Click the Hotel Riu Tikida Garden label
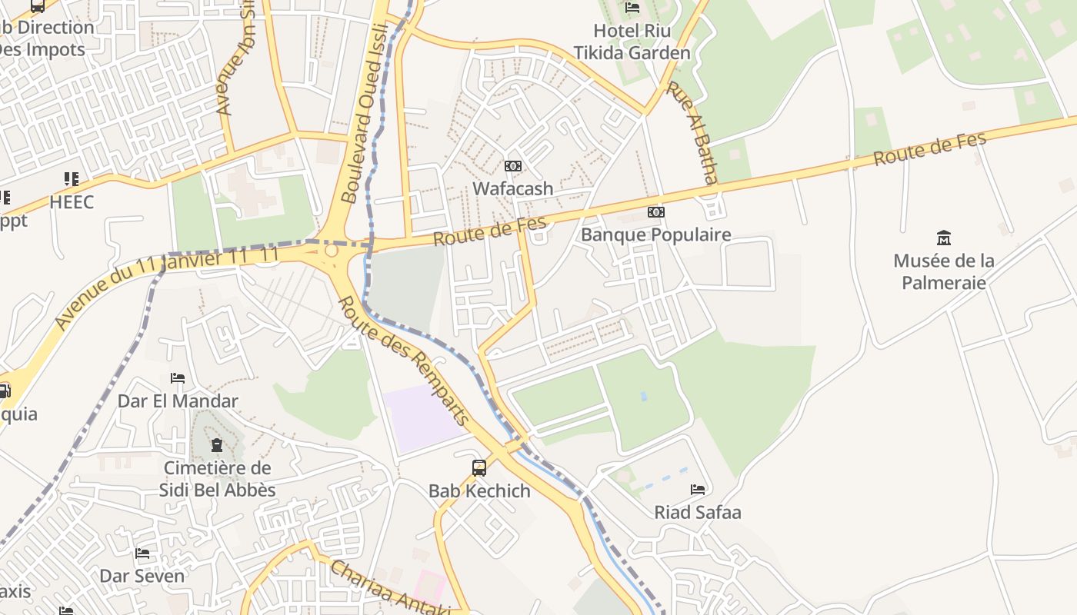(x=632, y=42)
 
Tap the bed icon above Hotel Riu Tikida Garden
(x=632, y=8)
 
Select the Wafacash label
(x=512, y=188)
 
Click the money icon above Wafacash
(x=513, y=166)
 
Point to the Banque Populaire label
(x=655, y=234)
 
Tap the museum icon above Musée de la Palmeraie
(x=944, y=238)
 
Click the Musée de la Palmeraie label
(x=944, y=271)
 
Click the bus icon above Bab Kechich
(x=478, y=467)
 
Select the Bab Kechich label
(x=479, y=490)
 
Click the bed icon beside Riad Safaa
(x=698, y=489)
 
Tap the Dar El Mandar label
(x=178, y=401)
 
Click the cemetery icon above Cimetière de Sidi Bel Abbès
(x=217, y=445)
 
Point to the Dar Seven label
(x=142, y=576)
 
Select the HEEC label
(x=72, y=202)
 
